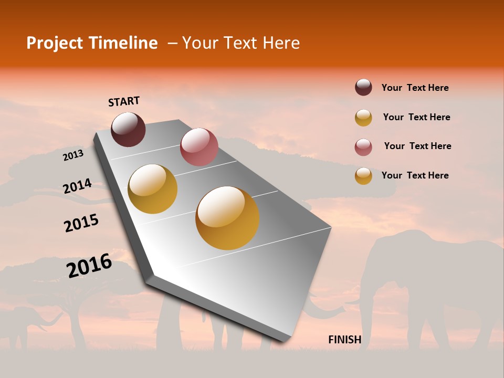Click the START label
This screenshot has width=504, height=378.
(x=124, y=101)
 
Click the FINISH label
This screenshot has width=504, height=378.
(x=344, y=340)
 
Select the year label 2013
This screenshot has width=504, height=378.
(x=73, y=155)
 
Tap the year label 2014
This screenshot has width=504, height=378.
(x=77, y=186)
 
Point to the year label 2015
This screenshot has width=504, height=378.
(x=81, y=223)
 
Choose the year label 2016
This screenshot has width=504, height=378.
(x=89, y=265)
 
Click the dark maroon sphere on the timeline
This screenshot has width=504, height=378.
(x=128, y=129)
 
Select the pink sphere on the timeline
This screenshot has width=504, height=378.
(x=199, y=147)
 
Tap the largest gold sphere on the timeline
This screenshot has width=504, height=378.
(x=227, y=218)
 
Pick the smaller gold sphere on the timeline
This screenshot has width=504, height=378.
(x=153, y=189)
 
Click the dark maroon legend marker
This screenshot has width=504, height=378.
(x=363, y=87)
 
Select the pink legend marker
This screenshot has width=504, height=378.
(x=363, y=147)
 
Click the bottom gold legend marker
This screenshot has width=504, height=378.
(x=363, y=176)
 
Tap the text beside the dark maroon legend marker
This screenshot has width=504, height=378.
(x=415, y=88)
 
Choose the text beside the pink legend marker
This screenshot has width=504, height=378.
(x=417, y=146)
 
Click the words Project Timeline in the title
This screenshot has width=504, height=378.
(x=92, y=43)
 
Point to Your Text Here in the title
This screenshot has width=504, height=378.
(x=240, y=43)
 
